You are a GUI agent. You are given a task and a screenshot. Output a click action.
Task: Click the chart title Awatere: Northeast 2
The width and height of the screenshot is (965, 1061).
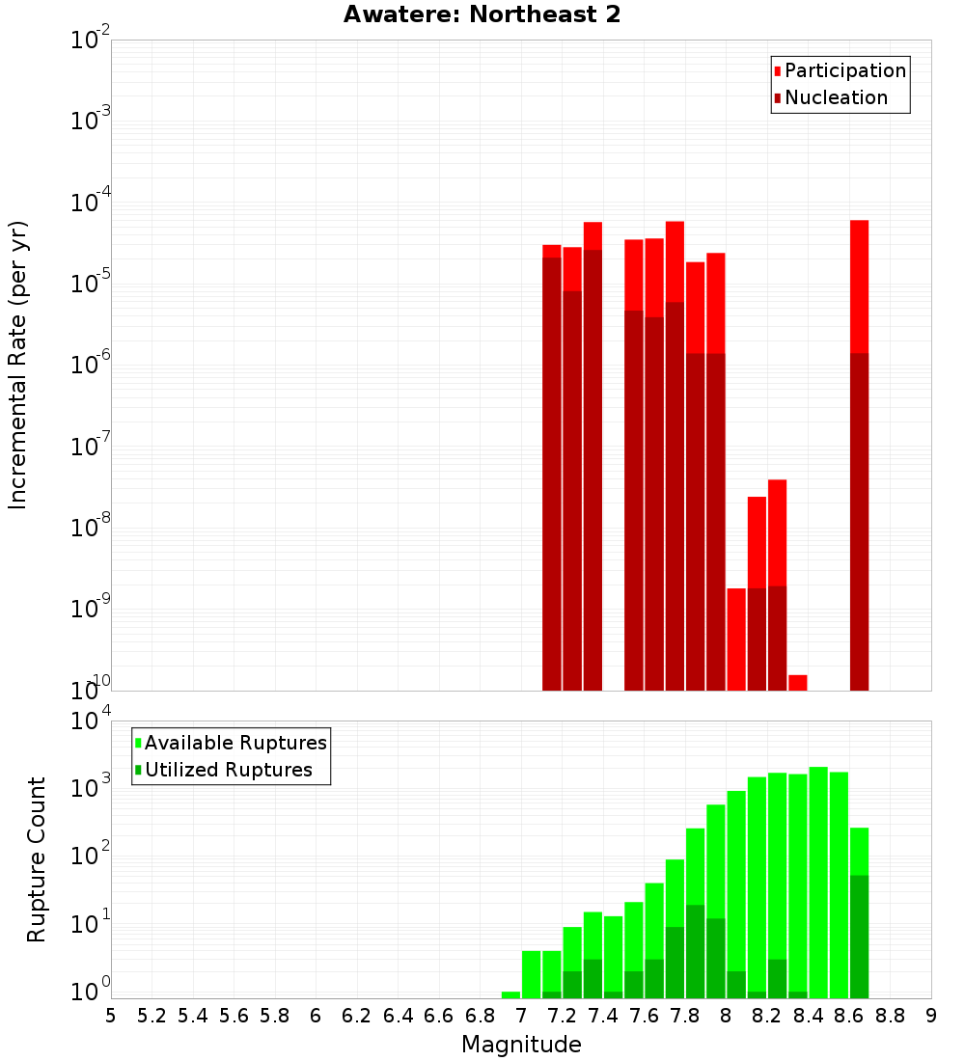(482, 15)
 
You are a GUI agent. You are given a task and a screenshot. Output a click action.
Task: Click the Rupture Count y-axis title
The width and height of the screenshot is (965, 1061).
(37, 858)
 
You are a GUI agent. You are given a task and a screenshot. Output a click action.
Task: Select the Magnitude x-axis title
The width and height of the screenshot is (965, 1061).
(521, 1045)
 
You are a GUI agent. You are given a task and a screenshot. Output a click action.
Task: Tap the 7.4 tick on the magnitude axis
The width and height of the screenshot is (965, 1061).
(603, 1015)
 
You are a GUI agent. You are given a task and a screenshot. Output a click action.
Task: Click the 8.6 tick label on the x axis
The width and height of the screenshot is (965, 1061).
(849, 1015)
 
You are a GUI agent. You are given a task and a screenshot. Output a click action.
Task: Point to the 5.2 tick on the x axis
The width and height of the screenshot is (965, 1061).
(152, 1015)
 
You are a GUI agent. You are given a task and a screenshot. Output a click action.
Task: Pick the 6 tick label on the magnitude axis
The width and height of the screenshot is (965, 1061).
(316, 1015)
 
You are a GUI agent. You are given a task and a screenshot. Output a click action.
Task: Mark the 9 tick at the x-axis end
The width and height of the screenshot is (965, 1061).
(931, 1015)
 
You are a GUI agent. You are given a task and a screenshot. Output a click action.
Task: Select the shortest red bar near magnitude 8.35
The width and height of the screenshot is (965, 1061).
(798, 682)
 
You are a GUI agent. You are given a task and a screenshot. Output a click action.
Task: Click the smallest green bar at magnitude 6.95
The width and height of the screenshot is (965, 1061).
(510, 994)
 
